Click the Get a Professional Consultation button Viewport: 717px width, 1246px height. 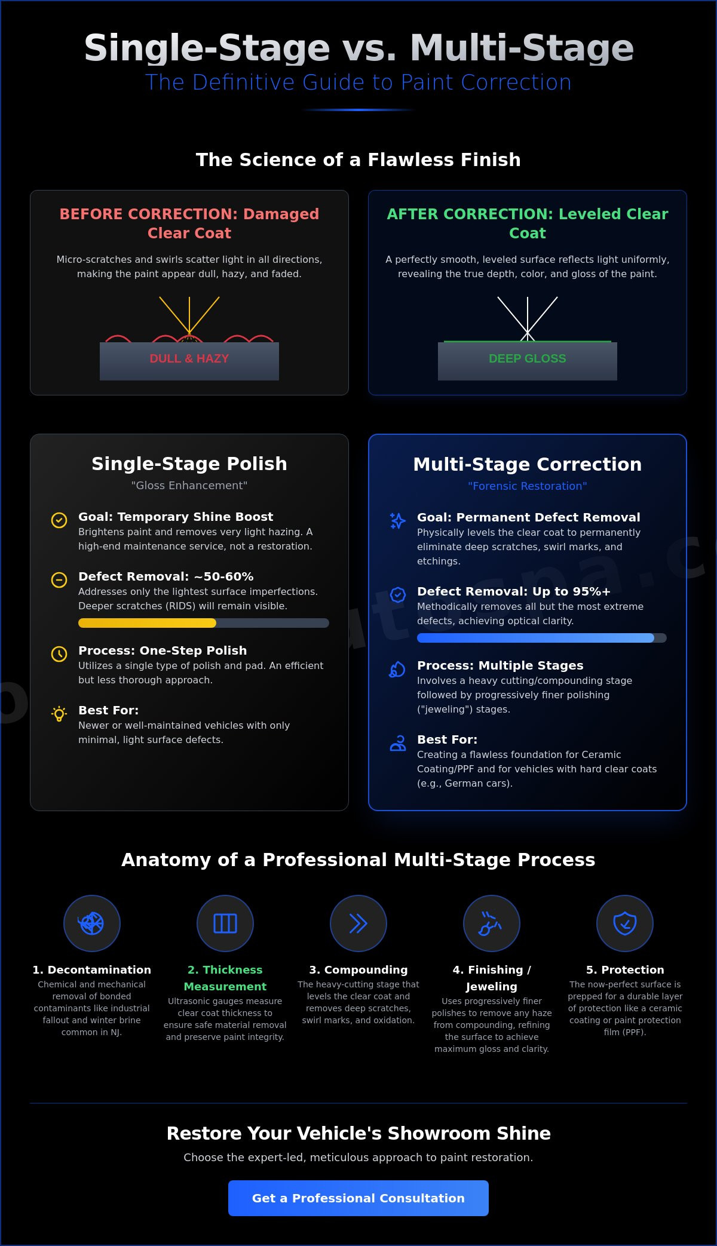358,1198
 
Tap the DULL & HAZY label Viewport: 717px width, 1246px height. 189,358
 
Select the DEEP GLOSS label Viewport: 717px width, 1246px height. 528,358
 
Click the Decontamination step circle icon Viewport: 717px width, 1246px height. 92,923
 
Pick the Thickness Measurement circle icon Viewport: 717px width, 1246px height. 225,923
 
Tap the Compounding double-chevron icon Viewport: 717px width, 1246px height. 358,923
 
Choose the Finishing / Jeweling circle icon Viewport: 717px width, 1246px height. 492,923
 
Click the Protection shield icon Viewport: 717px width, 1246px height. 625,923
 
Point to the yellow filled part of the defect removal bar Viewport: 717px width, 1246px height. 147,623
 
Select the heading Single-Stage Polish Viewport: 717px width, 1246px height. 189,464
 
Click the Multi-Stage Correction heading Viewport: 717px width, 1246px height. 528,464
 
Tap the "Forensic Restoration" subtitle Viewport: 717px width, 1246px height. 528,486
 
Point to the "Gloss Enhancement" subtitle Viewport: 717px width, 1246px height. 189,486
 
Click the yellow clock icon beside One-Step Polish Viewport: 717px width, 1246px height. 59,654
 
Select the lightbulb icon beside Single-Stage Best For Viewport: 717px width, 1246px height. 59,714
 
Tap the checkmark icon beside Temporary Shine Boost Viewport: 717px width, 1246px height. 59,520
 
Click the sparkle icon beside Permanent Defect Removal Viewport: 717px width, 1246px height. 398,521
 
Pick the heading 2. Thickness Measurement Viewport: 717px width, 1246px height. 225,978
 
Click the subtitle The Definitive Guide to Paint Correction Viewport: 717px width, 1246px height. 358,82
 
